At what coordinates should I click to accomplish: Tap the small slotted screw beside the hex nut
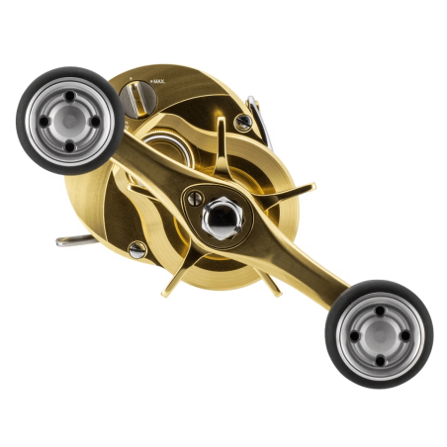(195, 199)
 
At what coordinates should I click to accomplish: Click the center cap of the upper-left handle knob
(69, 120)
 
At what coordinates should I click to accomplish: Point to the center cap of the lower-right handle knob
(379, 333)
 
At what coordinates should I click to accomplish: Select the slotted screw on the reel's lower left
(137, 249)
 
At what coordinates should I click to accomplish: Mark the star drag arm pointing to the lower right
(266, 280)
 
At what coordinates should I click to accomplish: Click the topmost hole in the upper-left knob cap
(70, 98)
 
